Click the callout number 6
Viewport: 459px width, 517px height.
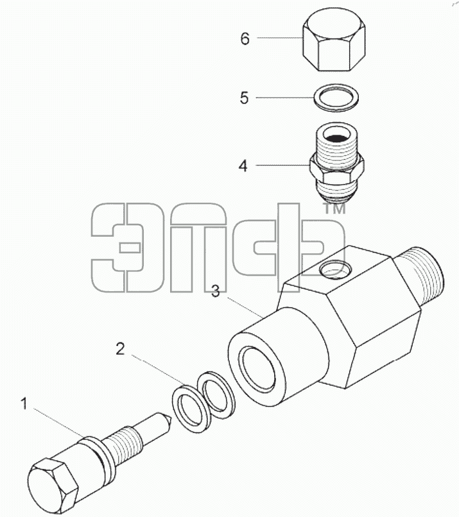point(245,39)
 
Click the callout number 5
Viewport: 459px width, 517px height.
point(244,98)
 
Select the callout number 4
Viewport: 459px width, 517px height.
point(243,166)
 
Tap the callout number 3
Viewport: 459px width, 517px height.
point(216,291)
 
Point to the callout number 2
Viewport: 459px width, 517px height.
point(120,349)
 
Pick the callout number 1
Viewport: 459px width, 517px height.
point(24,404)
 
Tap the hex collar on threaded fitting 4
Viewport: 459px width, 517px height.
point(336,168)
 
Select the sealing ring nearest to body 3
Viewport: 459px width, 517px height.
point(216,395)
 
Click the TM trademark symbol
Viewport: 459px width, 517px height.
point(334,208)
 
